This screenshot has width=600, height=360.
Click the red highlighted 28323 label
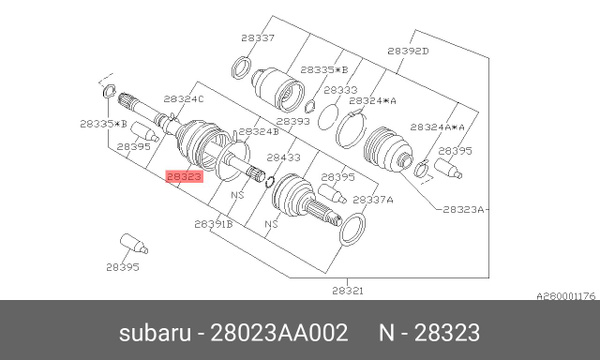(184, 175)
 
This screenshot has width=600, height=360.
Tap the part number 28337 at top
(257, 38)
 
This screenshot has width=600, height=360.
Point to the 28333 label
(340, 89)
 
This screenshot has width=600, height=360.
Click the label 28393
(292, 121)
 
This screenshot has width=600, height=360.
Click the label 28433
(283, 157)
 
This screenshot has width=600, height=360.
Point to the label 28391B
(213, 225)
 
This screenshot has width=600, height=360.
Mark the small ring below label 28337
(241, 68)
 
